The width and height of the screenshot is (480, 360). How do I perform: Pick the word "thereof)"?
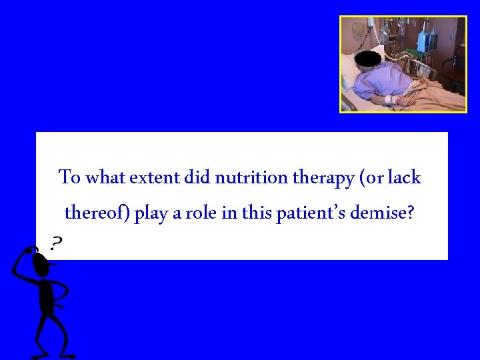[x=97, y=214]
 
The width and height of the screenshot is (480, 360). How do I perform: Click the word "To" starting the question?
[x=70, y=178]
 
